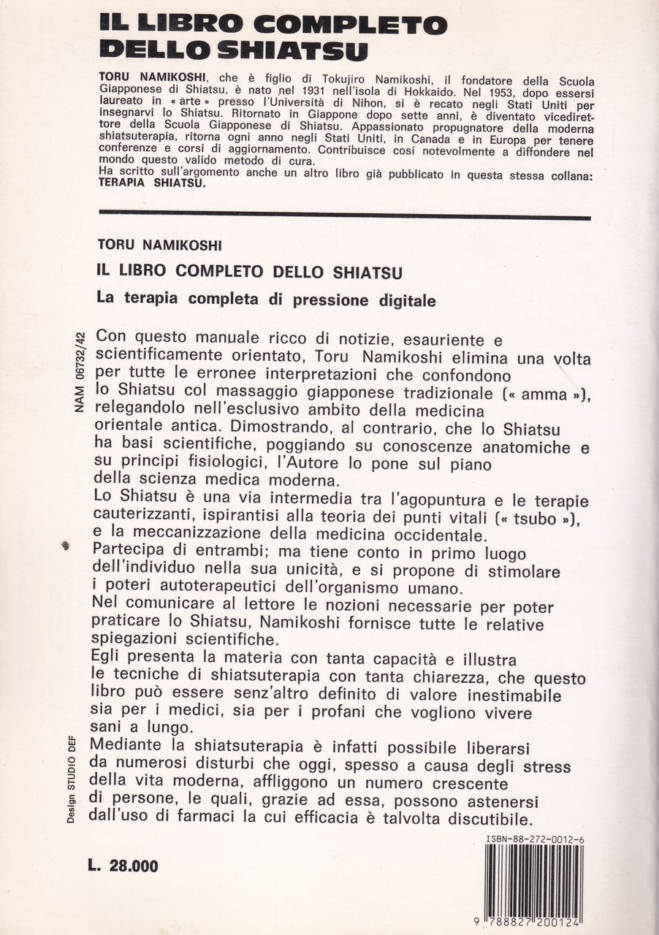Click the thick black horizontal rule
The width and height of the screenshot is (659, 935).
click(x=343, y=215)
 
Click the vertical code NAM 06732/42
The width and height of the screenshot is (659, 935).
click(x=80, y=373)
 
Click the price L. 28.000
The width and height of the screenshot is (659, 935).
click(x=122, y=866)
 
